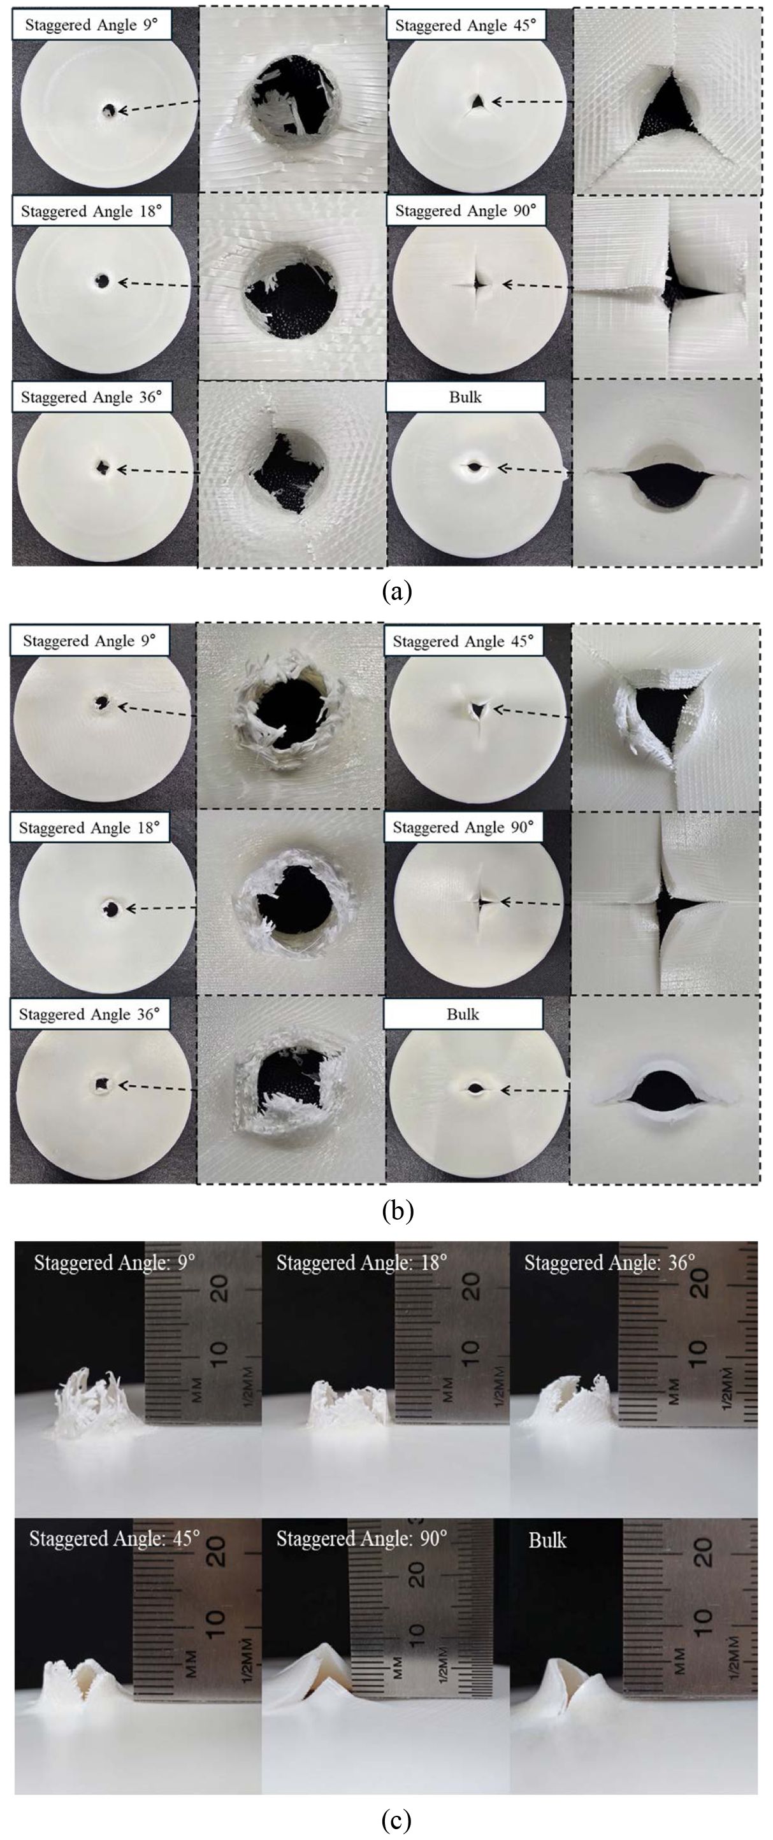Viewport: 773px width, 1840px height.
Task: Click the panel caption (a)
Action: click(x=397, y=592)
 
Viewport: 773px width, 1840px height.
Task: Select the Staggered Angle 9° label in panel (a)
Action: click(x=90, y=25)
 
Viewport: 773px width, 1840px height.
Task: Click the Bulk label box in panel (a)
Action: click(x=465, y=397)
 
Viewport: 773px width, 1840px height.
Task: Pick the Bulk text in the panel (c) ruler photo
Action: click(x=547, y=1541)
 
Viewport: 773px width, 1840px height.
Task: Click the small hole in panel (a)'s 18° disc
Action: click(x=103, y=281)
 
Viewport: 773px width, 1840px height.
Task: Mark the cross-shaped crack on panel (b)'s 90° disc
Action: click(x=484, y=902)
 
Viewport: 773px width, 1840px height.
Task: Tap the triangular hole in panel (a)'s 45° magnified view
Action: click(x=669, y=106)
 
